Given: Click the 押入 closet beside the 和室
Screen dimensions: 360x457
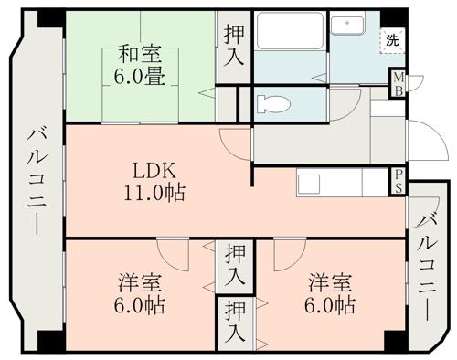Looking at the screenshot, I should (x=234, y=45).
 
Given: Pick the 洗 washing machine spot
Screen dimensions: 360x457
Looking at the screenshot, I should (x=391, y=40).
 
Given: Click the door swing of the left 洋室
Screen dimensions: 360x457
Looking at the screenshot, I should (x=174, y=252).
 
